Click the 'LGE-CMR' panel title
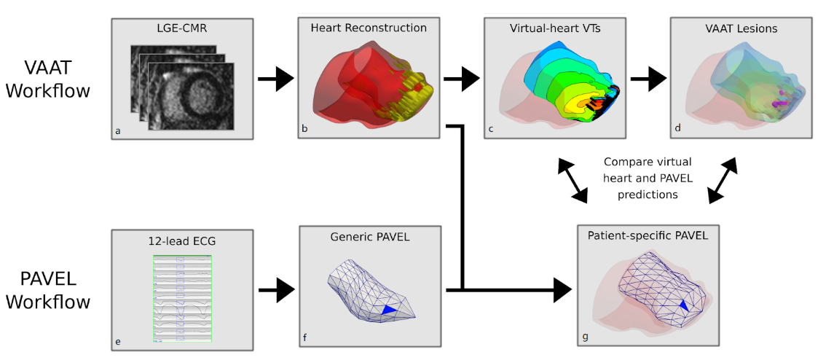tap(182, 30)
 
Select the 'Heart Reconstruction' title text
tap(369, 28)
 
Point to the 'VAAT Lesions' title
tap(741, 29)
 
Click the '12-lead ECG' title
tap(182, 241)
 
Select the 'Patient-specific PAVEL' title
tap(648, 235)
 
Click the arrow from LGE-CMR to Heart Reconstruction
tap(276, 78)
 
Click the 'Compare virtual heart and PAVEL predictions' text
tap(648, 178)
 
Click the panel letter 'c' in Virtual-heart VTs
tap(491, 130)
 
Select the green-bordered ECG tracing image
tap(182, 297)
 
